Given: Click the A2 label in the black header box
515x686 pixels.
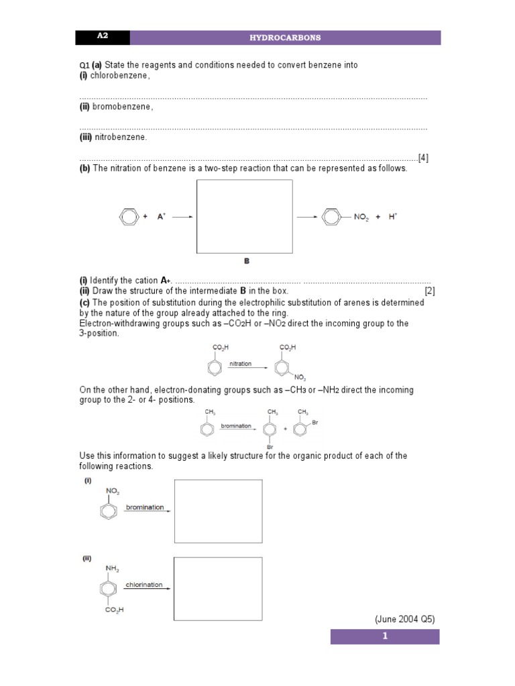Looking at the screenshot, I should (x=102, y=37).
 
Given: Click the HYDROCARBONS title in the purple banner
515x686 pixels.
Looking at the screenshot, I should (x=285, y=38).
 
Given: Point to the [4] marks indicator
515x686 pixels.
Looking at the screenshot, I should (x=422, y=158).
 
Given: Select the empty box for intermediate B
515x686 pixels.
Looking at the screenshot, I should (x=244, y=216).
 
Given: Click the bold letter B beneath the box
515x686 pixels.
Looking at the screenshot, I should (x=246, y=261).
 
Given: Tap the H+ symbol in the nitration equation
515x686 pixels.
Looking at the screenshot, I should (x=393, y=216).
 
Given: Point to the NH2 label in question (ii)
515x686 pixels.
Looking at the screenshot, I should (x=111, y=569).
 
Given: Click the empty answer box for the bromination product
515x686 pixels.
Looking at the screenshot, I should (x=218, y=510).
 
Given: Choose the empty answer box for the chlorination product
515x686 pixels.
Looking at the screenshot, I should (x=218, y=588).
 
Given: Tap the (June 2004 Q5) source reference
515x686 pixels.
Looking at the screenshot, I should (x=404, y=619).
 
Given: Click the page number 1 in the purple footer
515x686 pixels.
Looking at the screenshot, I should (x=385, y=636).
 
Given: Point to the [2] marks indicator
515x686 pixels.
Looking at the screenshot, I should (x=429, y=291).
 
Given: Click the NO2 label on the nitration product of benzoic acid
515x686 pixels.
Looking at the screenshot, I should (x=300, y=378).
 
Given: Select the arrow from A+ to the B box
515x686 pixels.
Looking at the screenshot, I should (x=182, y=216).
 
